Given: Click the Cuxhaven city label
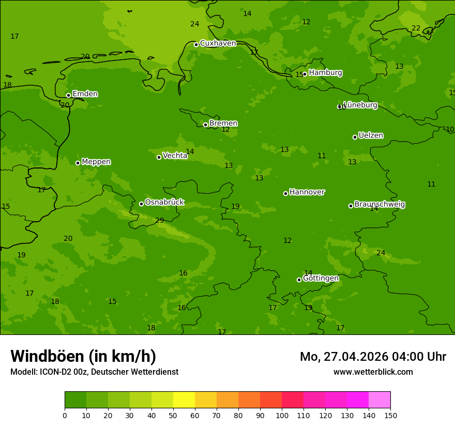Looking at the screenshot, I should click(x=218, y=43).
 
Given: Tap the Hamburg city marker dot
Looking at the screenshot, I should click(x=305, y=74).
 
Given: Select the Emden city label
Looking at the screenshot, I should click(x=85, y=94).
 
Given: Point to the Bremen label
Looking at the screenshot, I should click(x=223, y=124).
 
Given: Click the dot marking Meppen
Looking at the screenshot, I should click(x=78, y=163).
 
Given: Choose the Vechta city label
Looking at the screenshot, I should click(x=175, y=156).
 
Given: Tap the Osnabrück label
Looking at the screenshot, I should click(x=164, y=203).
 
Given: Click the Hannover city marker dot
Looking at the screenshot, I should click(x=285, y=193).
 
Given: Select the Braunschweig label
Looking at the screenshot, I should click(x=380, y=205).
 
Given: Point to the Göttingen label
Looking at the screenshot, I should click(x=321, y=279).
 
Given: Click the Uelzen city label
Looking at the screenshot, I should click(x=371, y=135).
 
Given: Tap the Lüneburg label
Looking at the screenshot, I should click(x=360, y=105).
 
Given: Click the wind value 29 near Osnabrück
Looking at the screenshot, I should click(x=160, y=221).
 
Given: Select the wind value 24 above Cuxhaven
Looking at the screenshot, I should click(x=194, y=24).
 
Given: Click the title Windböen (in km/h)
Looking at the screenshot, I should click(x=83, y=356).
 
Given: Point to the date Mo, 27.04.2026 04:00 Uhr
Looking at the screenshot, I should click(x=373, y=357).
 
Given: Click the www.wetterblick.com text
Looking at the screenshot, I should click(x=373, y=372).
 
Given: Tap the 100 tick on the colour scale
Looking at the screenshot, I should click(x=282, y=415).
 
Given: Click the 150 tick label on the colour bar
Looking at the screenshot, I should click(x=390, y=415).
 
